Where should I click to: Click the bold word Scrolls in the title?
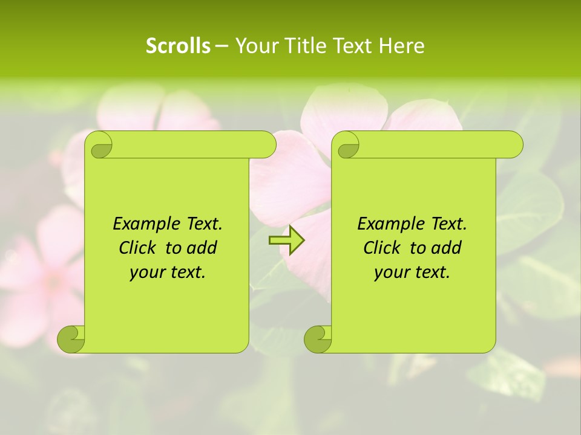(x=178, y=46)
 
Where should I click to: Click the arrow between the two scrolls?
(x=286, y=240)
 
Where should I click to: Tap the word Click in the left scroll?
(x=139, y=248)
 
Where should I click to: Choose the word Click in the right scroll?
(x=383, y=248)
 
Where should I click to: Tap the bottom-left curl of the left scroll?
(x=71, y=340)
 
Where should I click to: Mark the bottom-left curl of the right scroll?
(x=318, y=340)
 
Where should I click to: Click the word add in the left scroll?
(x=203, y=248)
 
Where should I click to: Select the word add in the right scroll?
(x=447, y=248)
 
